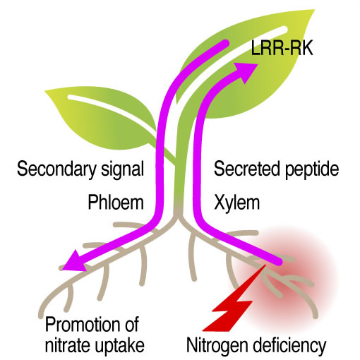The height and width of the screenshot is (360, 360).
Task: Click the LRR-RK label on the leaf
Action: click(x=282, y=48)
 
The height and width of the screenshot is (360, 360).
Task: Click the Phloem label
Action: click(x=116, y=203)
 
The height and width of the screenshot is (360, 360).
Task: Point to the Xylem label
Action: click(x=237, y=203)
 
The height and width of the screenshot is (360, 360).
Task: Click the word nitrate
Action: click(x=67, y=345)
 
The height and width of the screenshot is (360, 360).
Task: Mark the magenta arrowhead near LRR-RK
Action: click(x=246, y=71)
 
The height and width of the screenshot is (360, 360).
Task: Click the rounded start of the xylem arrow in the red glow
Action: click(x=279, y=261)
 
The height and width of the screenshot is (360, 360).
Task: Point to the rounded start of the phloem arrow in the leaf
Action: click(x=224, y=43)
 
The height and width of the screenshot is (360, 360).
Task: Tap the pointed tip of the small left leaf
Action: click(x=45, y=90)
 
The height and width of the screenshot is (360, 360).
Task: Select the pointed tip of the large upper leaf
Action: click(x=314, y=10)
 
